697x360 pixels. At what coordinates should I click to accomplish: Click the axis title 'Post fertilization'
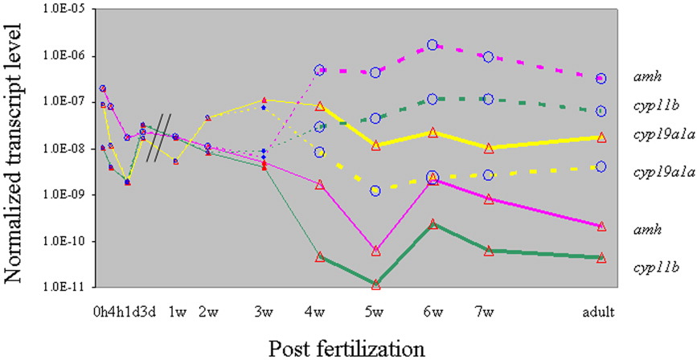(x=347, y=347)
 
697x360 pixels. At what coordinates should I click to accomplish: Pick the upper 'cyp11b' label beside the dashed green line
(x=652, y=104)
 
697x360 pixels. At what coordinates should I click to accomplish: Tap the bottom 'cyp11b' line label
(x=652, y=264)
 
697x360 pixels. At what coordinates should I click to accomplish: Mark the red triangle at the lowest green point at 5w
(x=375, y=284)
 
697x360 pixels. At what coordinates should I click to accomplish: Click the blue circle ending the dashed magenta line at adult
(x=600, y=79)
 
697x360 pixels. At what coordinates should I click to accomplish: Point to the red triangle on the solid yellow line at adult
(x=600, y=137)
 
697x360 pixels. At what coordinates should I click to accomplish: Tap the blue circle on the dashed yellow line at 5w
(x=375, y=190)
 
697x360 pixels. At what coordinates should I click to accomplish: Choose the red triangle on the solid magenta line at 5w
(x=375, y=251)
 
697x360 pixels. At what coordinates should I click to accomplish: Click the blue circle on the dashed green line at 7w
(x=487, y=99)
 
